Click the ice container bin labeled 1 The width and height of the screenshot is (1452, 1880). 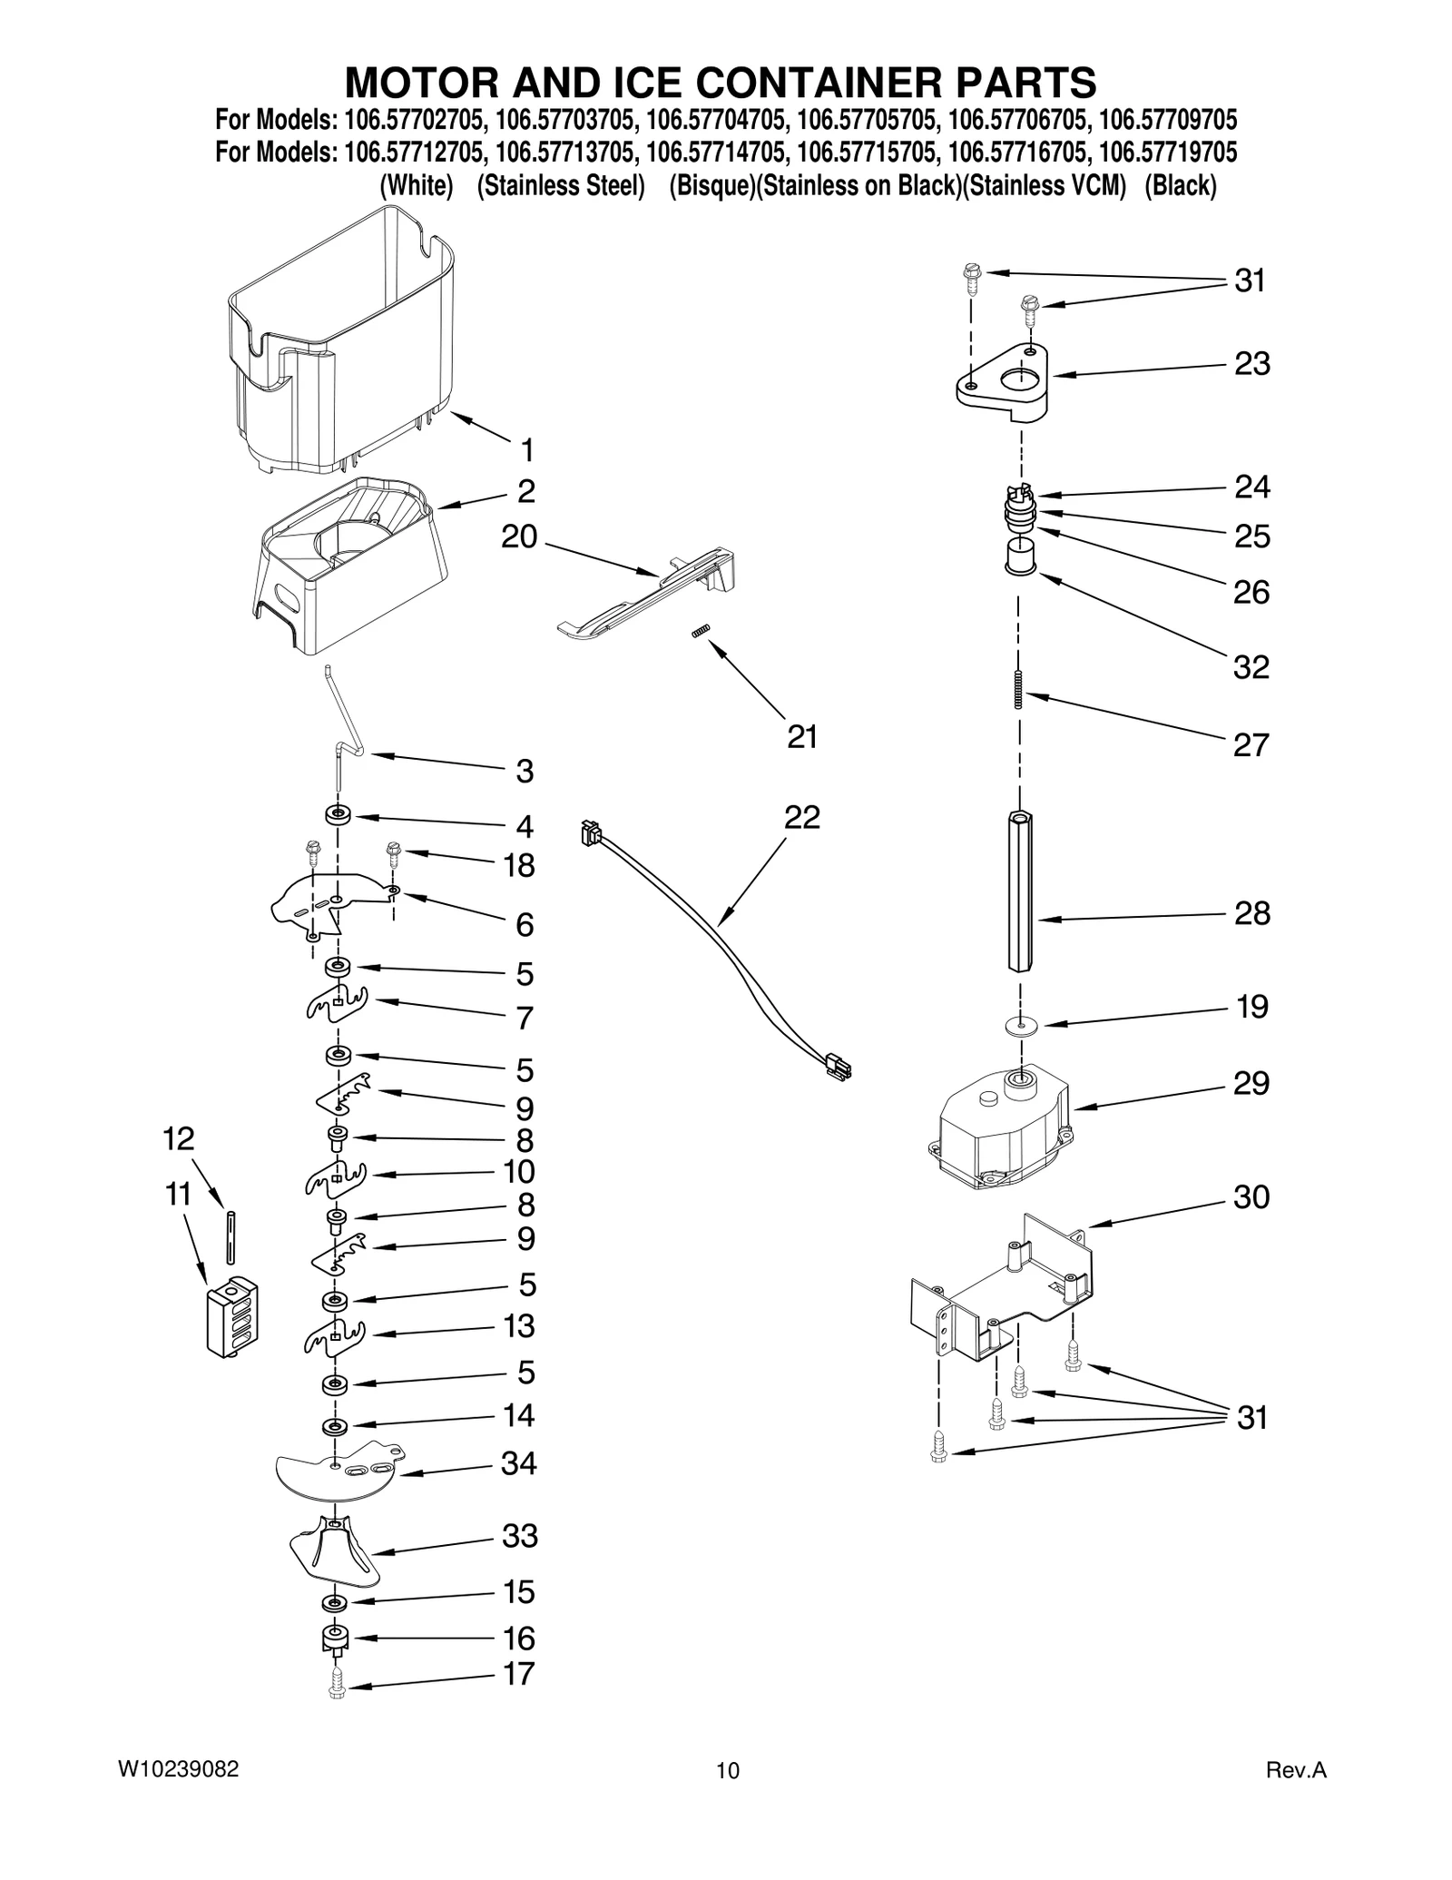click(x=340, y=345)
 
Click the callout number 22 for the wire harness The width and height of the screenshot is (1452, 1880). click(x=802, y=817)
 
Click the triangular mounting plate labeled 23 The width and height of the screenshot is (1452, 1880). click(x=1003, y=382)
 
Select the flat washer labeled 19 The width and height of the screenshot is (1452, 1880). click(x=1022, y=1025)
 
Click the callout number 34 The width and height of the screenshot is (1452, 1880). click(x=519, y=1462)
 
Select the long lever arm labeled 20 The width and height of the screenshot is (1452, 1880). click(x=649, y=595)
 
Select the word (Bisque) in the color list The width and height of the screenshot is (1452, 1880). click(x=711, y=186)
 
